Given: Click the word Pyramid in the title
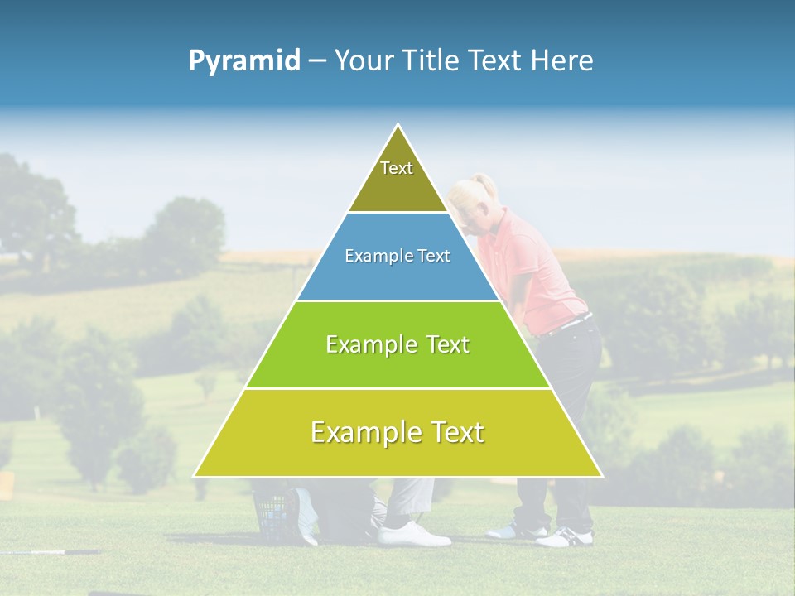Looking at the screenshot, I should pos(244,60).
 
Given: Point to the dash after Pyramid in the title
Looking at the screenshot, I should pos(317,61).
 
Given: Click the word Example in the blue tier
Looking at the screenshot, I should pos(374,256).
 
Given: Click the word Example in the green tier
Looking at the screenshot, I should pos(361,344).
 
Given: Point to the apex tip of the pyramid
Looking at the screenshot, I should pos(398,126).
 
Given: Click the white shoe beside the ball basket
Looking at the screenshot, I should pos(412,534).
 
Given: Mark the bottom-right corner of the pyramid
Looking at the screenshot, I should pos(601,476).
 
